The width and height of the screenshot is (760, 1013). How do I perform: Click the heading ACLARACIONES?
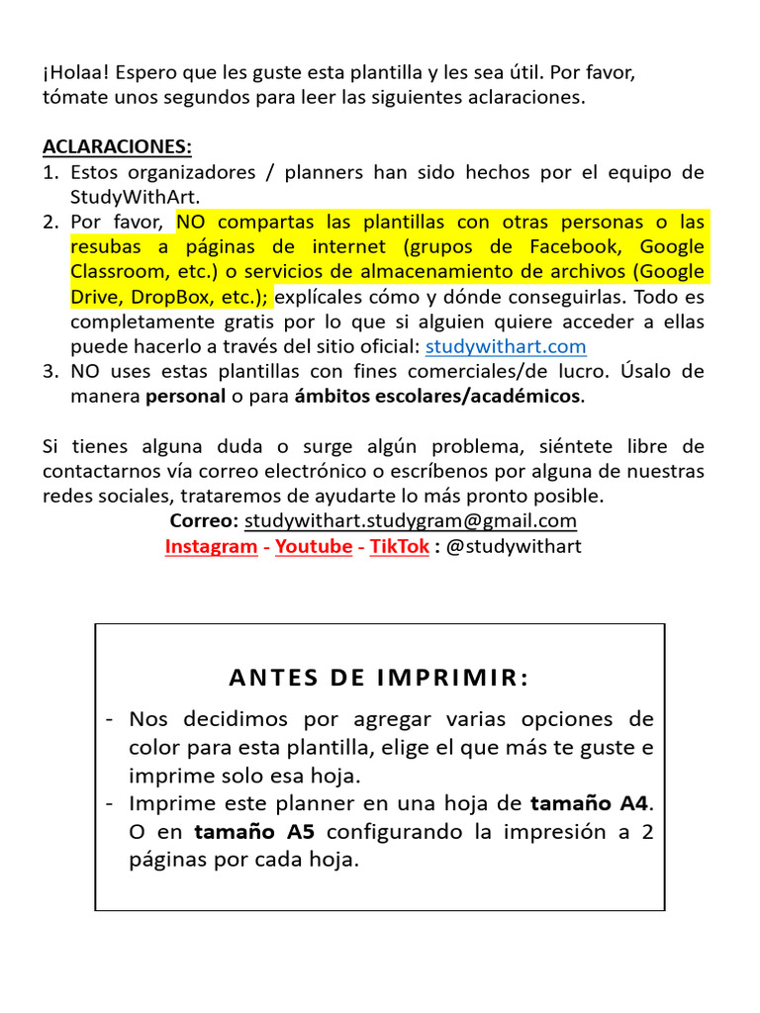[117, 147]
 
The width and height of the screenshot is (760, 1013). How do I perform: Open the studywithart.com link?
[506, 346]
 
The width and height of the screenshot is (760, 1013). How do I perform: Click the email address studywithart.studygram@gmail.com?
[411, 520]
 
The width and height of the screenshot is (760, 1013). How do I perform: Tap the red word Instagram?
[211, 546]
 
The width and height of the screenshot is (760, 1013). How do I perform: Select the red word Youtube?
[314, 546]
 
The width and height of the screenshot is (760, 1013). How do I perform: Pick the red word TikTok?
[400, 546]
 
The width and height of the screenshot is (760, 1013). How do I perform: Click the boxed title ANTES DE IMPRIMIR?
[379, 678]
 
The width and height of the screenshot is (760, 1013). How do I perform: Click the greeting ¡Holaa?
[73, 73]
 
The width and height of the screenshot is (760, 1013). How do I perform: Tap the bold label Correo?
[204, 520]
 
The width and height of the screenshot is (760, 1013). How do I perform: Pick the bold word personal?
[185, 397]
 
